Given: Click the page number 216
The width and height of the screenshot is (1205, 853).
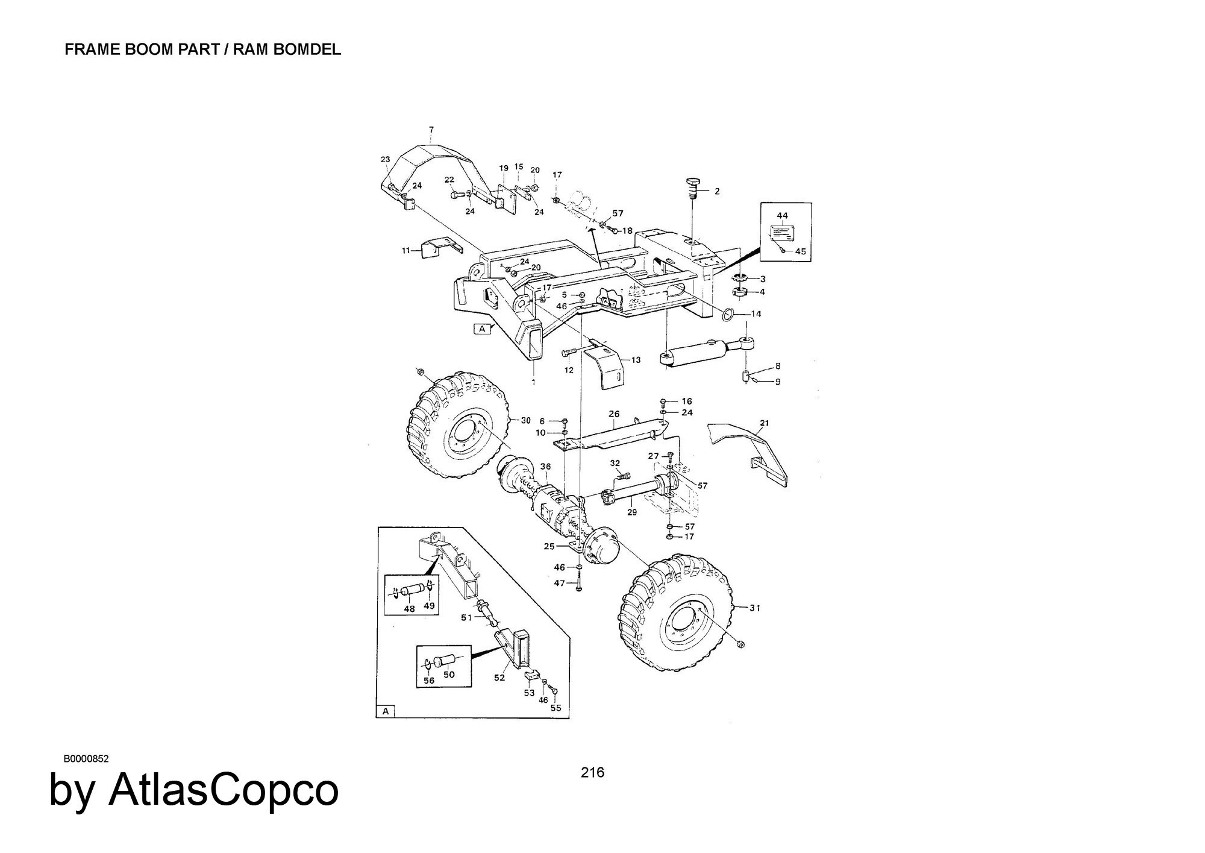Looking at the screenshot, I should (592, 772).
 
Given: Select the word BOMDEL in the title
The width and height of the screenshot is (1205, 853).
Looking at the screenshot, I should (307, 49).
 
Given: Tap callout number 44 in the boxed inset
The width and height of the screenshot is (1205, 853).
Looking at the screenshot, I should (782, 215).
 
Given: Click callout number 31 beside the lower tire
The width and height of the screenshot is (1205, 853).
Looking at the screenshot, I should (755, 608).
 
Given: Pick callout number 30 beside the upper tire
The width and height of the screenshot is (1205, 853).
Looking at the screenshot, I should (525, 420).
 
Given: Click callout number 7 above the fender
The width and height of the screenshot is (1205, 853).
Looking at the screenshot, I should (431, 130).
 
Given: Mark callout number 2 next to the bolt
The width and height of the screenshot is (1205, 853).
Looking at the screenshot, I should (717, 192).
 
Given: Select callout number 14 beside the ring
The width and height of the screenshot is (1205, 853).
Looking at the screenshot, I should (756, 313).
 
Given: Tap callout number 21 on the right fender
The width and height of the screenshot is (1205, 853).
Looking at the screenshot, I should (765, 423).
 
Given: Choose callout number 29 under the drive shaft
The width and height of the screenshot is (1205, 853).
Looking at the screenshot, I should (632, 512).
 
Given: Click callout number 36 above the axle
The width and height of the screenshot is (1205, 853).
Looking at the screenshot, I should (545, 466).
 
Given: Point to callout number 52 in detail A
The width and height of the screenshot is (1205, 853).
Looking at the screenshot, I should (499, 678).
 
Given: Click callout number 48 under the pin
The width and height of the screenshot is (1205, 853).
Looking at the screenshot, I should (410, 609).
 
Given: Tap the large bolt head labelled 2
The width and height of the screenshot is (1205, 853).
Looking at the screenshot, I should (693, 183).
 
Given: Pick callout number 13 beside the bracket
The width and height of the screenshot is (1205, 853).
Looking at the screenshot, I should (636, 360).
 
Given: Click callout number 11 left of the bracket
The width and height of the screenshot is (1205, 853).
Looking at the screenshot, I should (407, 250).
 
